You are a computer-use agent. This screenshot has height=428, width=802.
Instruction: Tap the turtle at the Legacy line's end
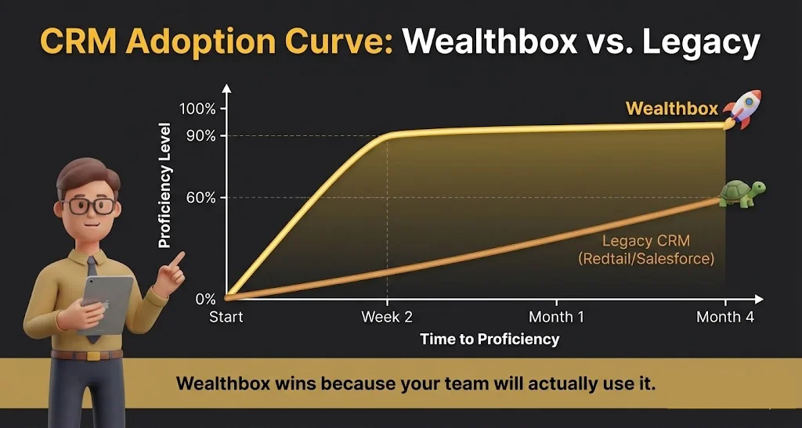(x=741, y=193)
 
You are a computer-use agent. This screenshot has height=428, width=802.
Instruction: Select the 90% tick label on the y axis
(x=200, y=136)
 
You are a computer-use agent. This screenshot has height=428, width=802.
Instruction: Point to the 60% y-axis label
(x=200, y=198)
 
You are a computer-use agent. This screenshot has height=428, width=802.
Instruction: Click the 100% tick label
(x=197, y=109)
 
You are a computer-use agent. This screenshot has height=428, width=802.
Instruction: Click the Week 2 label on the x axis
(x=386, y=318)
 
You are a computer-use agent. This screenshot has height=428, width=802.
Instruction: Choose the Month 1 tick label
(x=556, y=318)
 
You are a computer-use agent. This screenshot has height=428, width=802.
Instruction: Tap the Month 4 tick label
(x=724, y=318)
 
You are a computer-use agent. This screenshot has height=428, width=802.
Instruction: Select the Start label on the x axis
(x=226, y=318)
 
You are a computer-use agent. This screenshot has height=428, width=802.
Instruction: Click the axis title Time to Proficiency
(x=490, y=340)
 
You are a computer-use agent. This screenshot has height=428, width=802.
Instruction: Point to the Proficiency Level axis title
(x=164, y=186)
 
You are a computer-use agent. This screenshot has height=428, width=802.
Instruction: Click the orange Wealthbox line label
(x=671, y=109)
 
